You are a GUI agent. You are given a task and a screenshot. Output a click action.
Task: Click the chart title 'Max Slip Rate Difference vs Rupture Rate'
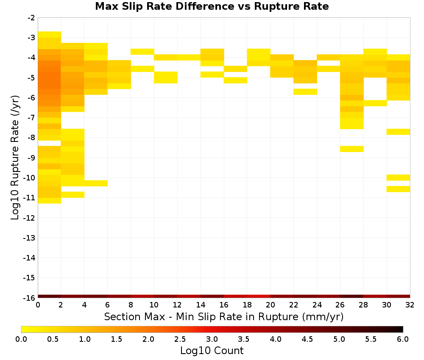[212, 6]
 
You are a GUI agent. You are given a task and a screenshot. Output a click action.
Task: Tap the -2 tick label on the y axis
[31, 18]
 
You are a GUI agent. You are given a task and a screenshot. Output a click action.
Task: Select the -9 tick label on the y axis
[31, 158]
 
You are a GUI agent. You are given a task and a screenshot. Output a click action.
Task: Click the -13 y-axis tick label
[29, 238]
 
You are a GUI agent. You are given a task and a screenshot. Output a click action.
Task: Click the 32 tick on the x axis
[410, 305]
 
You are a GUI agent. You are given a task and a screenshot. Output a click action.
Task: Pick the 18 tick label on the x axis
[247, 305]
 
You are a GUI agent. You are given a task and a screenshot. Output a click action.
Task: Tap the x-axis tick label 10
[154, 305]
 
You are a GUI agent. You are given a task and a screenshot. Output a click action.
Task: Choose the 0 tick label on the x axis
[38, 305]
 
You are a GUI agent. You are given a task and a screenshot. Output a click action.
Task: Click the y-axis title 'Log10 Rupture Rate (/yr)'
[15, 158]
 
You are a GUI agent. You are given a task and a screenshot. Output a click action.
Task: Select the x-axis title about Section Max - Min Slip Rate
[224, 316]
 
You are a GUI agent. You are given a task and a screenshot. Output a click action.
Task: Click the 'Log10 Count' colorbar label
[212, 350]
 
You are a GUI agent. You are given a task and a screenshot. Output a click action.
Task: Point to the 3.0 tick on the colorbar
[212, 339]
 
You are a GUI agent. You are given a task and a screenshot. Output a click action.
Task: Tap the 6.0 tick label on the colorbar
[403, 339]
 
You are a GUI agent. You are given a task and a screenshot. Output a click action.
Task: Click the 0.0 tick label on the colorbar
[21, 339]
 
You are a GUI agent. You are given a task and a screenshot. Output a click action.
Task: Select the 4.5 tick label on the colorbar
[307, 339]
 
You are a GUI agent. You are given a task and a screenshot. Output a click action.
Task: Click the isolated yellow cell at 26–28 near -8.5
[352, 149]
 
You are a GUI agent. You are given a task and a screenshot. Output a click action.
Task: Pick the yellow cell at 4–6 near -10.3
[96, 183]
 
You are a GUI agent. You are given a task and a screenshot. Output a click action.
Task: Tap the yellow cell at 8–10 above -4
[142, 52]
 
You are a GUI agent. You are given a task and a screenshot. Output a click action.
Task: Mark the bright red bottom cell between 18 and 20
[259, 296]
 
